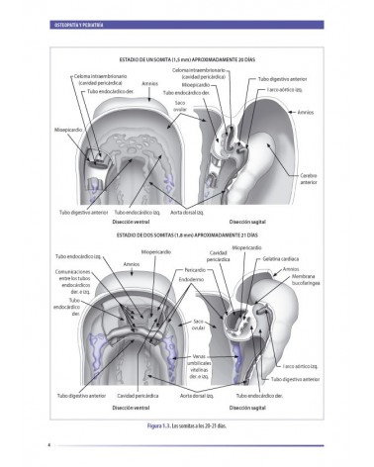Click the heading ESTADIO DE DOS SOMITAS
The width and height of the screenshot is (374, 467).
[x=187, y=235]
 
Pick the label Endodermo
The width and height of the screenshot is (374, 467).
[x=190, y=279]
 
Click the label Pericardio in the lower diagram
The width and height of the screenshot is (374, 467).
[x=194, y=269]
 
